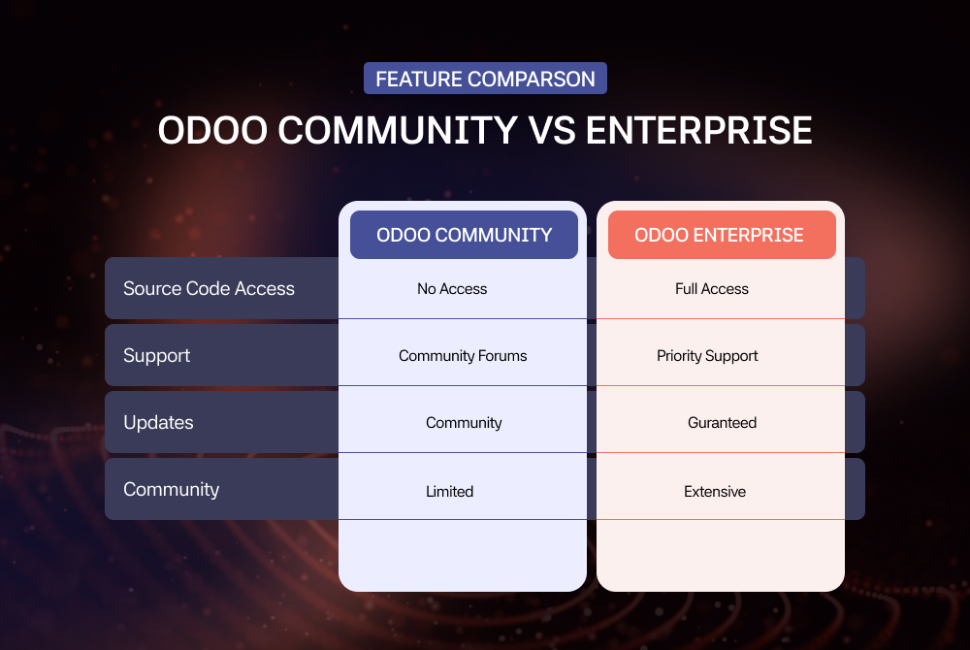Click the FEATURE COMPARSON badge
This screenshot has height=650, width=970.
pos(485,79)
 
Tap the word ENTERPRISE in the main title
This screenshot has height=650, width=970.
pos(699,131)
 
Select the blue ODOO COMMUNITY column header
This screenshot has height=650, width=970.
pos(464,235)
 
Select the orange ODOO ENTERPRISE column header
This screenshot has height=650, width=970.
pos(722,235)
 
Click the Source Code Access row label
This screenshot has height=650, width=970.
pos(210,289)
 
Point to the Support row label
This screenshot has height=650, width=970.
pos(156,356)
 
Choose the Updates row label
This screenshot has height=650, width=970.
pos(158,423)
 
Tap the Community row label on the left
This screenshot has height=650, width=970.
pos(172,490)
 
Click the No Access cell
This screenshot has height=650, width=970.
pos(452,289)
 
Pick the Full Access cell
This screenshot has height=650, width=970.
pos(712,289)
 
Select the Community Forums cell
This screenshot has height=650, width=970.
pos(463,356)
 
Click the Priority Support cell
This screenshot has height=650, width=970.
pos(707,356)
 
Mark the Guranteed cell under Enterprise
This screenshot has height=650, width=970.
pos(722,423)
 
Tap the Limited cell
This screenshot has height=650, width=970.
pos(450,492)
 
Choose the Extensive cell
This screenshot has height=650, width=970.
pos(715,492)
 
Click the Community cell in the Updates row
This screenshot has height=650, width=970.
pos(464,423)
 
